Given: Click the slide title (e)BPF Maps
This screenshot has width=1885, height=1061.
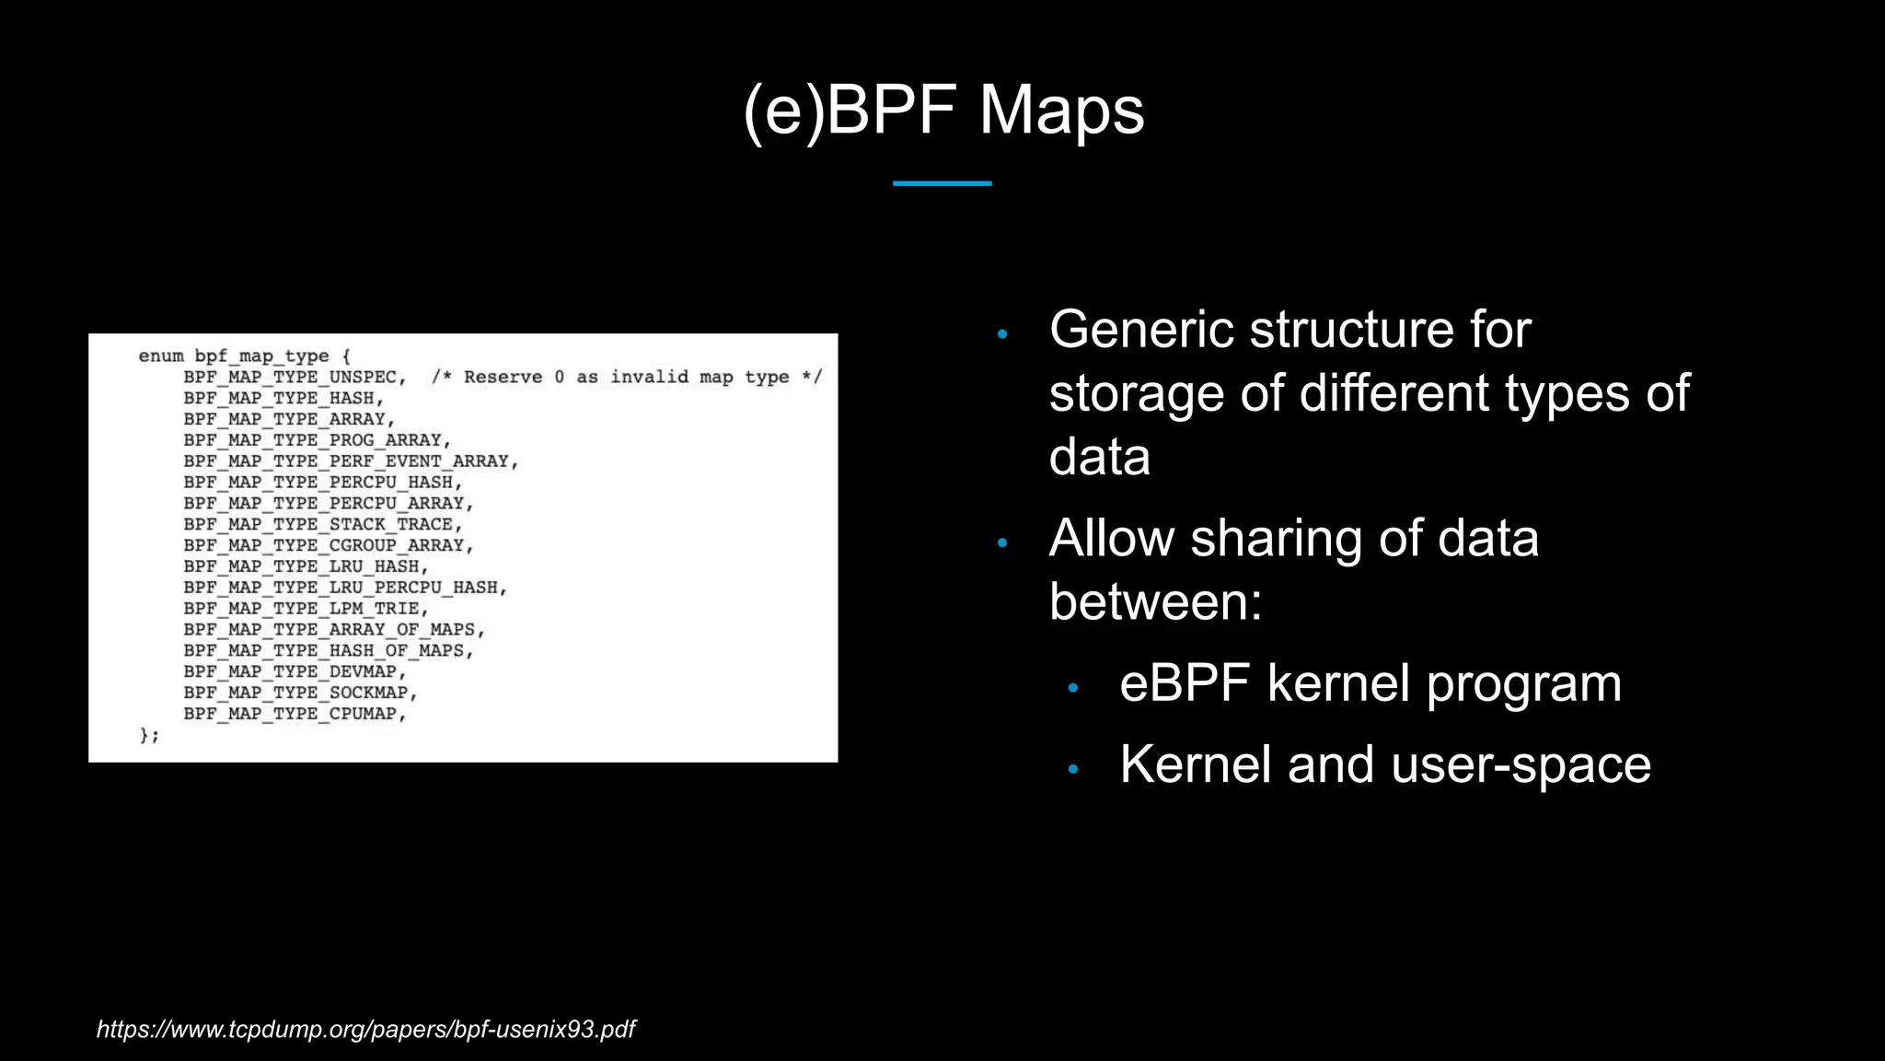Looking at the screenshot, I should point(943,111).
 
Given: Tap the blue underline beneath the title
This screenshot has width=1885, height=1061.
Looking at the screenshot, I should point(942,183).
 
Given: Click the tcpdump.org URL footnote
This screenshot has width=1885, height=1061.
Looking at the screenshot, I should point(365,1029).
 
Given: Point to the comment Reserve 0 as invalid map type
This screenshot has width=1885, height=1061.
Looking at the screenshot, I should point(626,378).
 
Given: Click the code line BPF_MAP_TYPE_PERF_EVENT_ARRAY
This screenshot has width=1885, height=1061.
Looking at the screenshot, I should point(350,461).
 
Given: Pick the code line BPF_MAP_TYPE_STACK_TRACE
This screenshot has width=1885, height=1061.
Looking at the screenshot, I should point(321,525).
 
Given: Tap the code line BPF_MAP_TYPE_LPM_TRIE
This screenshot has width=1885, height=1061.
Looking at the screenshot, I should point(305,609).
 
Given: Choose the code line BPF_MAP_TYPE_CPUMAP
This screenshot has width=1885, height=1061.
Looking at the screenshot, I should point(294,714).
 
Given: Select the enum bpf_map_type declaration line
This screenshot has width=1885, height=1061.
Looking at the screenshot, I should point(244,356).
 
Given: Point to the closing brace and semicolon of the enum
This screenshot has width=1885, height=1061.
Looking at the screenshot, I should point(149,735).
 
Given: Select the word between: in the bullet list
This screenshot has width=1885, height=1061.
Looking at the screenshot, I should point(1155,602).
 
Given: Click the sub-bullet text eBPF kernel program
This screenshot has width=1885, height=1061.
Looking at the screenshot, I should point(1370,683).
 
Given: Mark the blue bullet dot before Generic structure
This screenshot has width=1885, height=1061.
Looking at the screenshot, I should point(1002,334).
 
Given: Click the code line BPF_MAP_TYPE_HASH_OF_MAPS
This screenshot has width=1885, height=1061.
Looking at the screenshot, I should point(327,651).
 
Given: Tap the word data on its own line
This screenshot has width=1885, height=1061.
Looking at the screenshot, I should point(1099,457).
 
